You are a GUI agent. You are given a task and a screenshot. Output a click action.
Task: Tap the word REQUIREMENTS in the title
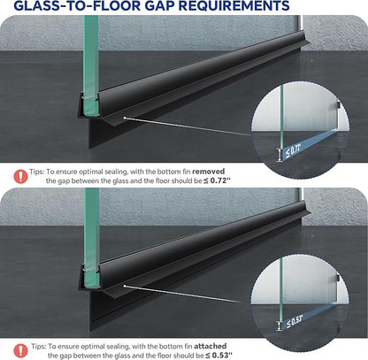coord(234,5)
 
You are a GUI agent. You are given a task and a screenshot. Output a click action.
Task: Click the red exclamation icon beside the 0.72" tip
coord(20,176)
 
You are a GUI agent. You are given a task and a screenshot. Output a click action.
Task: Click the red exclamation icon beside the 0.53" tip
coord(20,351)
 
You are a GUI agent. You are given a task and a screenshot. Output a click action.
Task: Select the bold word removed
coord(209,172)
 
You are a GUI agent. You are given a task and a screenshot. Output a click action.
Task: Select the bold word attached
coord(211,346)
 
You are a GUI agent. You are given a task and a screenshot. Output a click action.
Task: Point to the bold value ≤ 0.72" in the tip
coord(217,180)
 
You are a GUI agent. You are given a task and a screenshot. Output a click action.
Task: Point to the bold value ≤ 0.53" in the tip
coord(218,356)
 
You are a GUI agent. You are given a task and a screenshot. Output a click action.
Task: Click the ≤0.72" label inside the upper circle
coord(293,151)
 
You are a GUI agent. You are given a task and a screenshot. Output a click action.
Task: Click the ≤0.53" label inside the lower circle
coord(295,320)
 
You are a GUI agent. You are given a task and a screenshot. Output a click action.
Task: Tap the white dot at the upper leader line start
coord(125,118)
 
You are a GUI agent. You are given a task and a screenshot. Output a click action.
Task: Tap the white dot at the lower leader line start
coord(125,286)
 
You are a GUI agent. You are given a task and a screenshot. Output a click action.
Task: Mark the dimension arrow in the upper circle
coord(279,155)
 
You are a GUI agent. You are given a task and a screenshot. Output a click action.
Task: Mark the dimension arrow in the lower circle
coord(279,326)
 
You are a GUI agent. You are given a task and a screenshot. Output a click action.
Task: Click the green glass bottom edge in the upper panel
coord(90,114)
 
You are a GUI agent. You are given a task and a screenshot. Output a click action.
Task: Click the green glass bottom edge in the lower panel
coord(91,287)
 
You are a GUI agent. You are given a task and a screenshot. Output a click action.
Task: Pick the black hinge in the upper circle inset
coord(339,105)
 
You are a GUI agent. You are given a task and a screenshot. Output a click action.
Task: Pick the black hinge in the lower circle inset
coord(339,278)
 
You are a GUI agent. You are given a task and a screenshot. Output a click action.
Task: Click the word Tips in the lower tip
coord(38,347)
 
